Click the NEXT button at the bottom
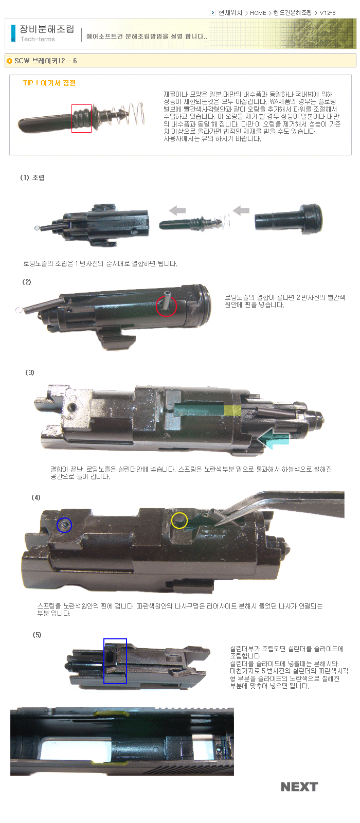(299, 787)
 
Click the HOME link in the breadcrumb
(258, 13)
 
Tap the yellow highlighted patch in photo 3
(232, 410)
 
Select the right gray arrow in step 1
(241, 210)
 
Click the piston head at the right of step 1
(289, 219)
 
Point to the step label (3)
(30, 372)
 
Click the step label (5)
(37, 635)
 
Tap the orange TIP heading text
(49, 83)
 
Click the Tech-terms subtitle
(38, 39)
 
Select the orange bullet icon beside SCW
(10, 61)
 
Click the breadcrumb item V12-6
(327, 13)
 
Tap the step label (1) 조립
(32, 178)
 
